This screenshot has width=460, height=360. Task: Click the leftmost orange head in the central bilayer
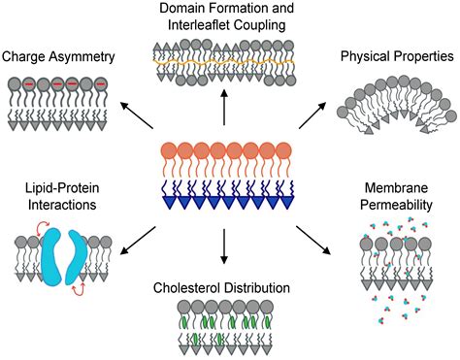tap(166, 151)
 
